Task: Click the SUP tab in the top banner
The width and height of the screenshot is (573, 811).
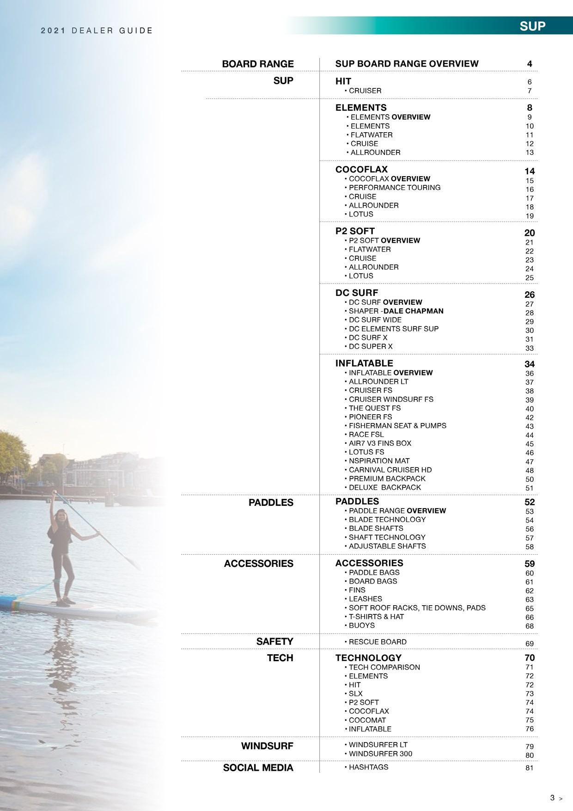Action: coord(532,26)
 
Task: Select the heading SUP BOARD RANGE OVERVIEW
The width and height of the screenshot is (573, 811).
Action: coord(407,64)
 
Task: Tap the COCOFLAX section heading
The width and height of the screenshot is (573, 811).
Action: coord(361,170)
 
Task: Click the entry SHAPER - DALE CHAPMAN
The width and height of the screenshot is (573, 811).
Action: coord(396,311)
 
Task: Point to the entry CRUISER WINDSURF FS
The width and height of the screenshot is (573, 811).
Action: coord(391,399)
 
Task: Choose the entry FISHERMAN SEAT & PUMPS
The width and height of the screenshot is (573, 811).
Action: coord(397,425)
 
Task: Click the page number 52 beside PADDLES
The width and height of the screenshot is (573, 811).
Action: coord(529,502)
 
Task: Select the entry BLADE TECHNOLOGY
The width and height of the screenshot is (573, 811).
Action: coord(387,520)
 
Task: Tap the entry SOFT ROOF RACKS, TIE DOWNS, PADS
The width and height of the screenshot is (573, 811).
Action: coord(417,608)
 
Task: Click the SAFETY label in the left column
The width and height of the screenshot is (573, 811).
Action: coord(274,642)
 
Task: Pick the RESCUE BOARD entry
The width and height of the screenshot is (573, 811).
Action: coord(378,642)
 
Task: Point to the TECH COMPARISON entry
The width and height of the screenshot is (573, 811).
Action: coord(384,667)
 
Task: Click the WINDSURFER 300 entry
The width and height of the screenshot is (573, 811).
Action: coord(380,754)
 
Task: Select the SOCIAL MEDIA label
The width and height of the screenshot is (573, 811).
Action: coord(258,768)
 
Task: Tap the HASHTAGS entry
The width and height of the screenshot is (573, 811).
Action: coord(368,767)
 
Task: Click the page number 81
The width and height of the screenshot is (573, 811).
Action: coord(529,768)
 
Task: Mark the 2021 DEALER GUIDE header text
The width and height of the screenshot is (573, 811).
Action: coord(97,31)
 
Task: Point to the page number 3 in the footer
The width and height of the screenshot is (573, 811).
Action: coord(552,798)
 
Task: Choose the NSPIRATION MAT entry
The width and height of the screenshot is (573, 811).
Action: coord(379,461)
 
